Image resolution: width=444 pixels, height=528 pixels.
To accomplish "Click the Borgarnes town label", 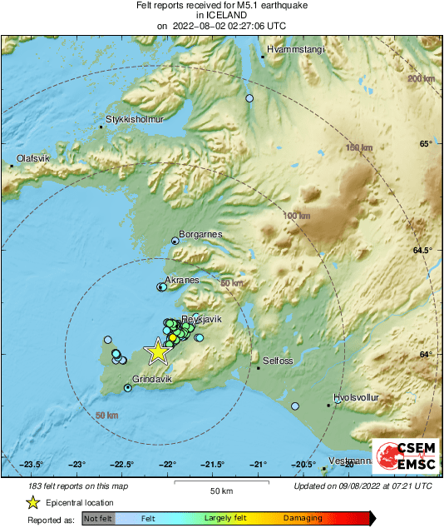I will (201, 235).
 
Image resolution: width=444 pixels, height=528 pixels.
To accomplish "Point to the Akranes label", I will (182, 281).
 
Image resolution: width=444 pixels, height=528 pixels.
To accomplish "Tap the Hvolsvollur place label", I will (355, 398).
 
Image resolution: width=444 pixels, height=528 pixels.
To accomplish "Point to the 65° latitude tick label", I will (425, 144).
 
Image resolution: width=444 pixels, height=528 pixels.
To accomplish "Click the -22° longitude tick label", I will (168, 465).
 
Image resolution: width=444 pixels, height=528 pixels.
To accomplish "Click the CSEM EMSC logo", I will (403, 456).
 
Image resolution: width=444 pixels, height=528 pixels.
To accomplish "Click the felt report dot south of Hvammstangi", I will (249, 98).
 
